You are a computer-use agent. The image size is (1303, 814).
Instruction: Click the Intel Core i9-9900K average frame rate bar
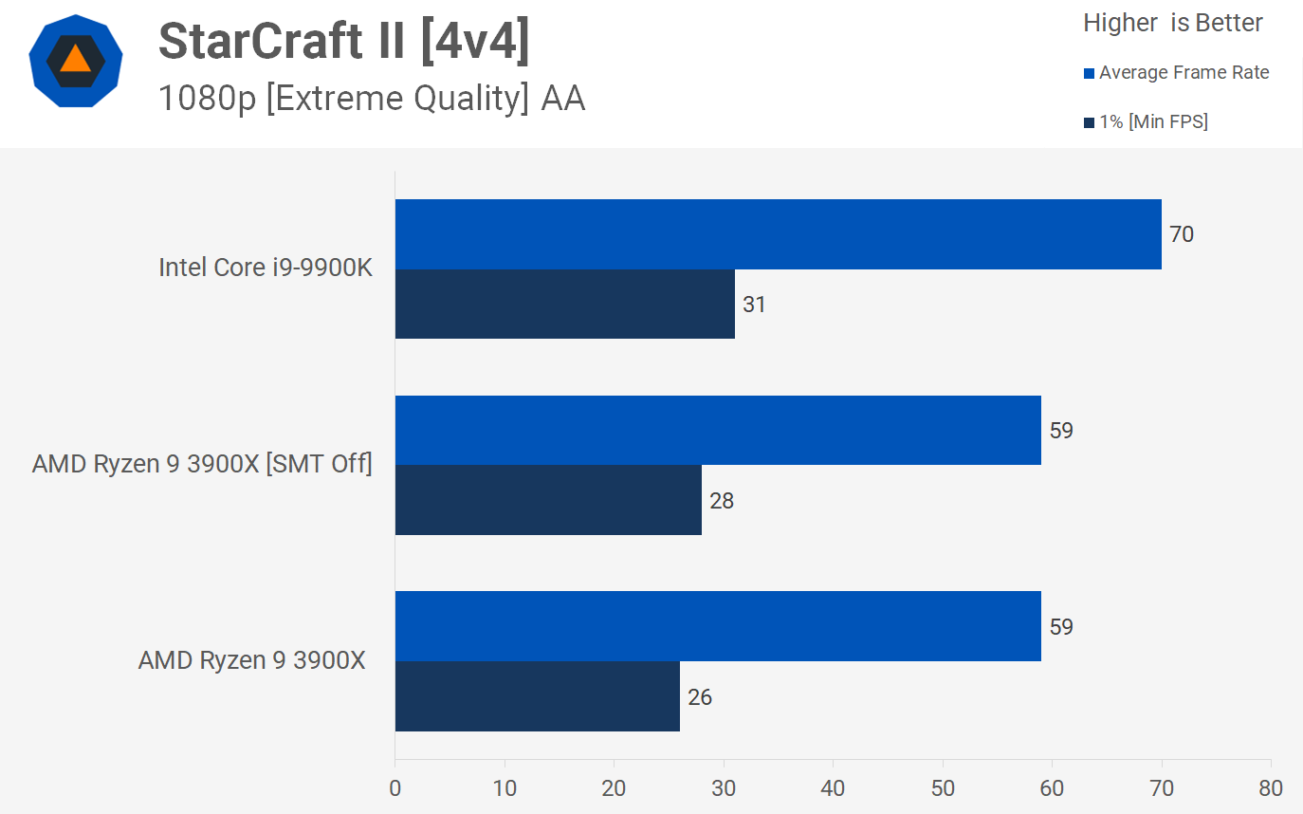click(778, 234)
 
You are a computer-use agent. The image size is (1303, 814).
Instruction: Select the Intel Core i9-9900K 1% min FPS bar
click(564, 304)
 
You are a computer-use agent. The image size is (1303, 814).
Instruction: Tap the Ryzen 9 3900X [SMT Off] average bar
click(718, 431)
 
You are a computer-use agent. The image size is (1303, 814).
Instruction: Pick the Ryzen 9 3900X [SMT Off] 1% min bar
click(548, 500)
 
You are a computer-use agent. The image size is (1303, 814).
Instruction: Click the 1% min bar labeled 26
click(537, 696)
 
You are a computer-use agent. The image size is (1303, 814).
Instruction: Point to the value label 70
click(1181, 234)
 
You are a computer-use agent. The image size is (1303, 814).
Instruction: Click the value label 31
click(754, 305)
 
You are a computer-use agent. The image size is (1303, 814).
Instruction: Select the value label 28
click(722, 501)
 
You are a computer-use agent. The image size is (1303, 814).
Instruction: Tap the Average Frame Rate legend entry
click(1176, 73)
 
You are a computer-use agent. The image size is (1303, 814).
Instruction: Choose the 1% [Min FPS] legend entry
click(1146, 121)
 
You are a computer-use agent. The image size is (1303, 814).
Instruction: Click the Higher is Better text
click(1173, 24)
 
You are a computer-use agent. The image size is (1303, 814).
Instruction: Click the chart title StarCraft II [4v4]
click(343, 42)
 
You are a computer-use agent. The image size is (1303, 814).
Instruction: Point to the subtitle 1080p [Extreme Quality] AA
click(372, 98)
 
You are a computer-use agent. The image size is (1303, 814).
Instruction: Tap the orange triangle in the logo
click(75, 60)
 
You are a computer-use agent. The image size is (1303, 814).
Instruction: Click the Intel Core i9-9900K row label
click(266, 268)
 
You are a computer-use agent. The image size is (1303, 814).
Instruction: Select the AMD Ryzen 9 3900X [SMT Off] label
click(202, 464)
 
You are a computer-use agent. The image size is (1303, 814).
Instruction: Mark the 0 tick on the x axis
click(395, 788)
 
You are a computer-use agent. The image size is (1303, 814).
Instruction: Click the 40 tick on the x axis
click(833, 788)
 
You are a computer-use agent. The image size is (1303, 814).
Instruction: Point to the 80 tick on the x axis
click(1271, 788)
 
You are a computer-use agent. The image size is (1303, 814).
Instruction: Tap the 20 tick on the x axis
click(614, 788)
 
